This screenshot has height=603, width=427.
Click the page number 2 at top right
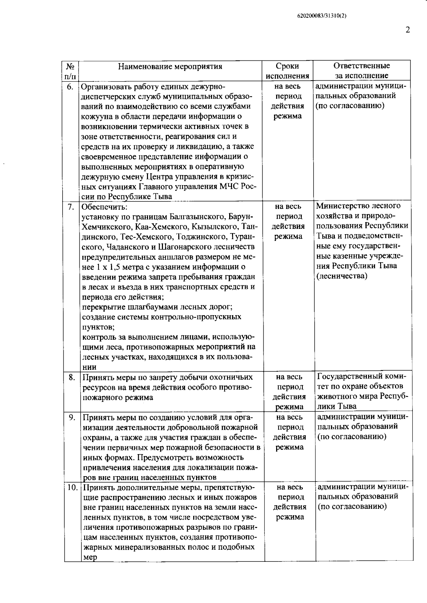408,30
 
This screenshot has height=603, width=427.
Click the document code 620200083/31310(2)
322,16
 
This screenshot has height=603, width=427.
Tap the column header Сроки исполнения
288,71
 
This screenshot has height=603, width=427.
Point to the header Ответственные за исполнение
362,70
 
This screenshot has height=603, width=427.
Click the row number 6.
70,86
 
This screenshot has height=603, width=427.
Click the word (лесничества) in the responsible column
342,276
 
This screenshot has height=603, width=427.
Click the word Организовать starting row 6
106,86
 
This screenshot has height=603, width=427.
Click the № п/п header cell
70,71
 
